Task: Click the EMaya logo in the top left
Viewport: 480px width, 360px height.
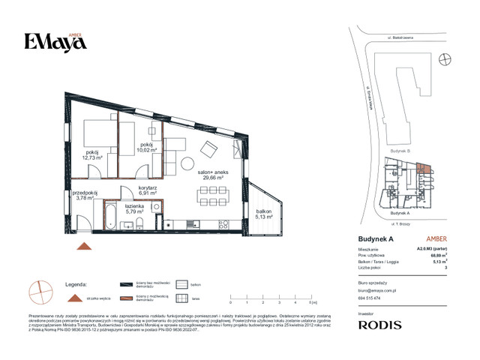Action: pyautogui.click(x=55, y=41)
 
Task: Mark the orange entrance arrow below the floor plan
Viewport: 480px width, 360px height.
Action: pyautogui.click(x=85, y=247)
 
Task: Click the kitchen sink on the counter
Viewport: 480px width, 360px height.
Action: pyautogui.click(x=222, y=225)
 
